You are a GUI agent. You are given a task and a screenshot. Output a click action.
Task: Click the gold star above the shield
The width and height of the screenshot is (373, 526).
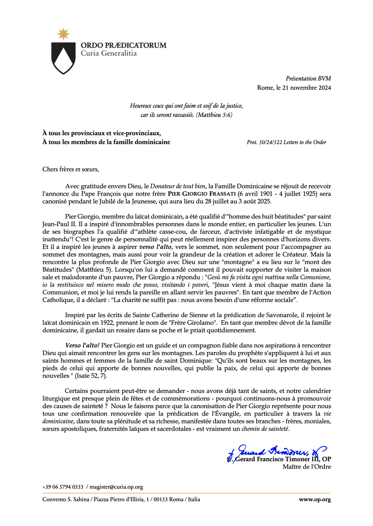(64, 34)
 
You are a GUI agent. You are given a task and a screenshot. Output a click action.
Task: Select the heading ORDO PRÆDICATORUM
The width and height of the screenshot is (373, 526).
(123, 46)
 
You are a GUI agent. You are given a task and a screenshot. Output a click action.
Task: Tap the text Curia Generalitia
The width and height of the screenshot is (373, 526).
(109, 53)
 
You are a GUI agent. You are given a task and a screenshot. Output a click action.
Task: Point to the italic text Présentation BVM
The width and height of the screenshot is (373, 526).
(308, 78)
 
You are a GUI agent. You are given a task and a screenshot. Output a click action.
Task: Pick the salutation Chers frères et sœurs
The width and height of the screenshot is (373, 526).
(70, 169)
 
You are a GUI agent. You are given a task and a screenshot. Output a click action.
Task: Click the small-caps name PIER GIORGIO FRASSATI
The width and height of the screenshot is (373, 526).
(202, 194)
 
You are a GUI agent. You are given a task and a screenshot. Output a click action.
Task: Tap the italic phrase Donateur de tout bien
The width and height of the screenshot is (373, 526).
(178, 186)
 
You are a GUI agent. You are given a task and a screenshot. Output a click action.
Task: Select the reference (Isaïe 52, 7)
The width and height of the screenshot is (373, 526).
(91, 376)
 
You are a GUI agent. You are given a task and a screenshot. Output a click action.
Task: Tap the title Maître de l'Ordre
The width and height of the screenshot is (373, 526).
(307, 467)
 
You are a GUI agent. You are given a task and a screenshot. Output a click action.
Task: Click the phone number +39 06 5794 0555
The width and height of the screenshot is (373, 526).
(63, 487)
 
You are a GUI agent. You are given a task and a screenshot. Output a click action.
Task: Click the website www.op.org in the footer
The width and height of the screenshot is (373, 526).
(314, 499)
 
